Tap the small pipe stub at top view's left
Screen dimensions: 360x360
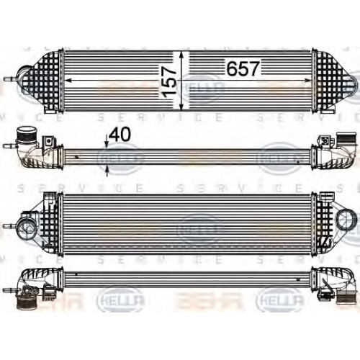pos(10,81)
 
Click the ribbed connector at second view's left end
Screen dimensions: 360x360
pos(24,137)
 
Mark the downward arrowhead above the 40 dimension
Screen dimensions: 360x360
pos(107,145)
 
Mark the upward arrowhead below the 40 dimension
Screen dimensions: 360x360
pos(107,169)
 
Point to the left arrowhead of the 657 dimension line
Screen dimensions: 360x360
pos(66,81)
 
